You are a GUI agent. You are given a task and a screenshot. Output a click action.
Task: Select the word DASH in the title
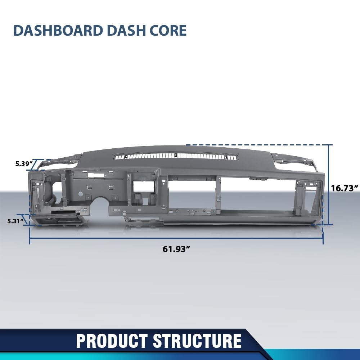(122, 31)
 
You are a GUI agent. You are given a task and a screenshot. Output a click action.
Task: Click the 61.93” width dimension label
(176, 249)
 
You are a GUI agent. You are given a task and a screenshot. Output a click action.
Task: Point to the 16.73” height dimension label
(345, 188)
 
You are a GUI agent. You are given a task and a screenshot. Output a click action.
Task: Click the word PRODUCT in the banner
(112, 341)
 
